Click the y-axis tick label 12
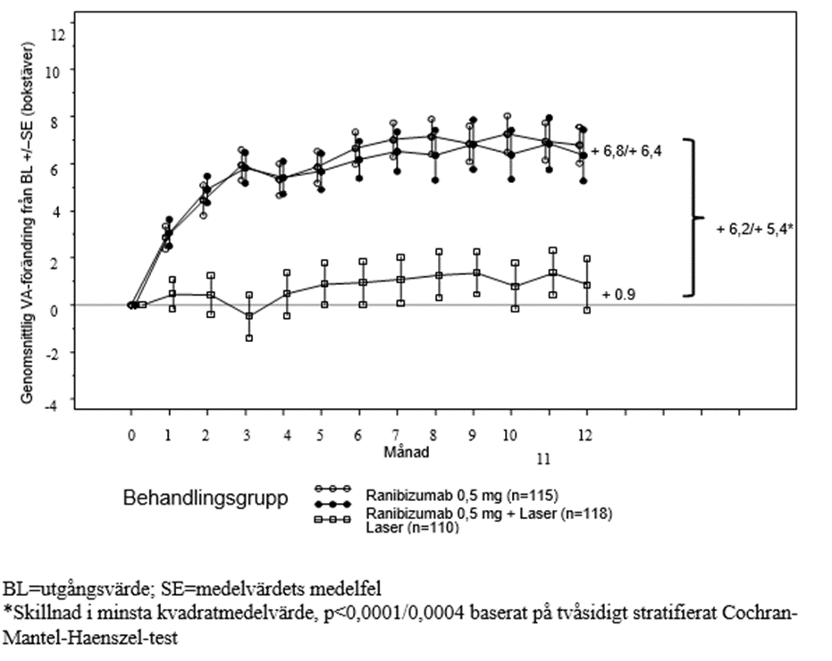tap(59, 35)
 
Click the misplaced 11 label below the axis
tap(543, 460)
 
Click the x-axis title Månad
tap(406, 451)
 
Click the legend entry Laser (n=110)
tap(412, 528)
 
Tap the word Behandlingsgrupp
tap(205, 498)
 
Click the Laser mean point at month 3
tap(248, 316)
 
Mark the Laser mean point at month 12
tap(586, 285)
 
